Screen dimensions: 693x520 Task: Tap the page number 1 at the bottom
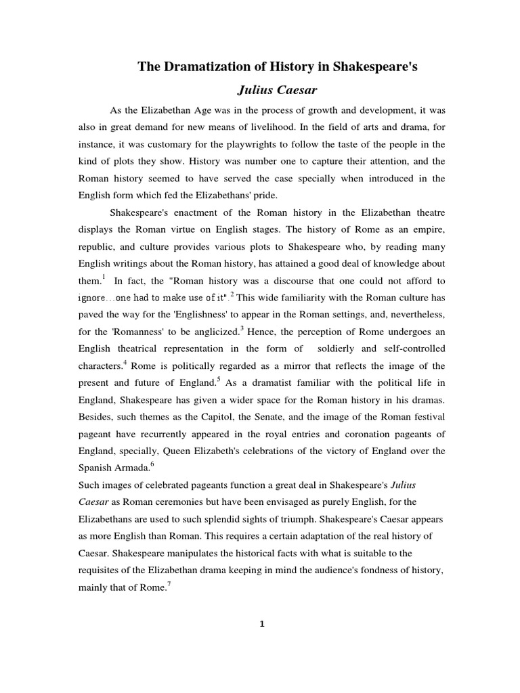(261, 624)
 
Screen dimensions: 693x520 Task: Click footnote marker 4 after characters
(126, 362)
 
